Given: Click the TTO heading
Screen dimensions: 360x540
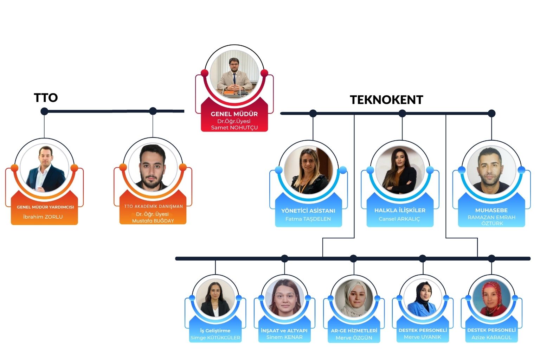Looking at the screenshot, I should pos(46,97).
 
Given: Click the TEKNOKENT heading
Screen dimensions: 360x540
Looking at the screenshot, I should pos(386,100).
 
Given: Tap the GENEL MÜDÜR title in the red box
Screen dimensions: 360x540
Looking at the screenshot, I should pos(234,114).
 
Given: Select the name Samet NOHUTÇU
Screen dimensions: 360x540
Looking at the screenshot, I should pos(234,128).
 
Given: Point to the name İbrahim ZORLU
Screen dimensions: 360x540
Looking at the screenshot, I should pos(43,217).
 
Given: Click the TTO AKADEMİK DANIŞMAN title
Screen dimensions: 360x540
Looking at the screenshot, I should pos(153,206).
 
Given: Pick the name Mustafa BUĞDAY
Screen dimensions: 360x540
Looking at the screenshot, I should pos(153,221).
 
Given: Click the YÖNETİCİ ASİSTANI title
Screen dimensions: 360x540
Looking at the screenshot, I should pos(308,211).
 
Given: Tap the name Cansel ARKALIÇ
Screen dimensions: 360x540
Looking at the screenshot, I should pos(399,219).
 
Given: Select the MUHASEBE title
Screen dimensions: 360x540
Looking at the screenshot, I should pos(491,210).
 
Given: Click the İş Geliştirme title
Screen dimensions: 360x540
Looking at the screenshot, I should pos(215,330).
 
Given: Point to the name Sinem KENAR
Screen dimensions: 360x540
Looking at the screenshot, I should pos(284,337).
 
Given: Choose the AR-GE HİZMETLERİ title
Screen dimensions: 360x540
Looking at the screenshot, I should pos(354,330).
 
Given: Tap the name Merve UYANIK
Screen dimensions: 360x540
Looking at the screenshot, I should pos(422,337).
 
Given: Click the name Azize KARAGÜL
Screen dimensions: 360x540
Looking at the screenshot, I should pos(491,337).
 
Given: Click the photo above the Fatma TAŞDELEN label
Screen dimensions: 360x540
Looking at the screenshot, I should pos(308,171).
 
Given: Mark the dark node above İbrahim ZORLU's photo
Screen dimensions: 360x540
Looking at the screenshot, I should pos(44,111).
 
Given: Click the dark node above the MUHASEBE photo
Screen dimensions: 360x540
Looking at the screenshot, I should pos(491,113).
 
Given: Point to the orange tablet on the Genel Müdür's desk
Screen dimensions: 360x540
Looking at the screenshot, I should pos(229,93).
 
